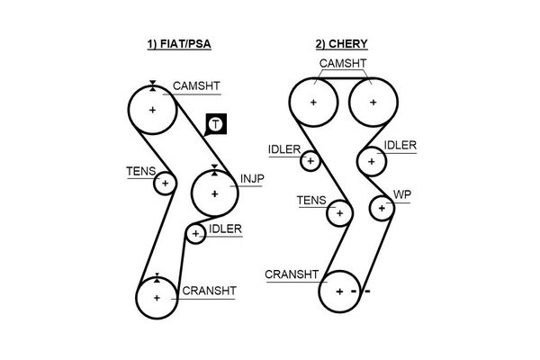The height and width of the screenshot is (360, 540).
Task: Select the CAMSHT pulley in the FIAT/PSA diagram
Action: [152, 110]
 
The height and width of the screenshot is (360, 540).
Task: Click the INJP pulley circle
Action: [214, 193]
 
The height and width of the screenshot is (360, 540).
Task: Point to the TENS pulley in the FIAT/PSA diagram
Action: [164, 184]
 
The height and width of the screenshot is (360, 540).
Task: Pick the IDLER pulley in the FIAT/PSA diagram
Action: [195, 235]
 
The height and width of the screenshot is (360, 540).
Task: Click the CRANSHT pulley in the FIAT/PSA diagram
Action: [157, 298]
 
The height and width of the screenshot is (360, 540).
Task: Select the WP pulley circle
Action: [382, 208]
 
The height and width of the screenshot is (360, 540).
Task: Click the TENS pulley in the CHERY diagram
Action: [339, 213]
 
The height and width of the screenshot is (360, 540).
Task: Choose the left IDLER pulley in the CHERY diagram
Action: [310, 161]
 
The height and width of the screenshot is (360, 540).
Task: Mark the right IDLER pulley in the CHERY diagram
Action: [370, 161]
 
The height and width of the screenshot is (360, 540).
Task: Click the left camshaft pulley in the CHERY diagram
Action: [313, 102]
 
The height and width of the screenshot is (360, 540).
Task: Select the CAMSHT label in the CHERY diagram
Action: [342, 62]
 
